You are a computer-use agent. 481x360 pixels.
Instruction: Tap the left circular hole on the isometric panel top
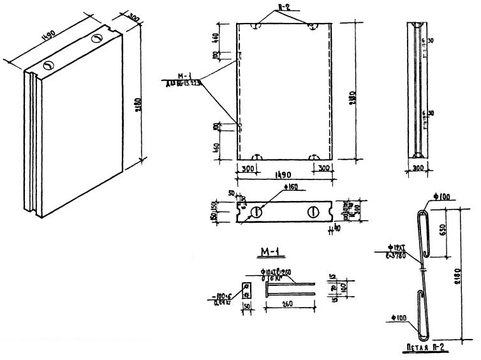(x=48, y=65)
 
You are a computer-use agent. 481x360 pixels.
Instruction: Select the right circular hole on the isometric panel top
(x=96, y=39)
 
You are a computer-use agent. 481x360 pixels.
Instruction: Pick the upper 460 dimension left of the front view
(x=217, y=38)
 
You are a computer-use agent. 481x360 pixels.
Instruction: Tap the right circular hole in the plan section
(x=313, y=213)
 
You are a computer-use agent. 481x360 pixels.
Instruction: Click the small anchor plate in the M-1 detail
(x=245, y=290)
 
